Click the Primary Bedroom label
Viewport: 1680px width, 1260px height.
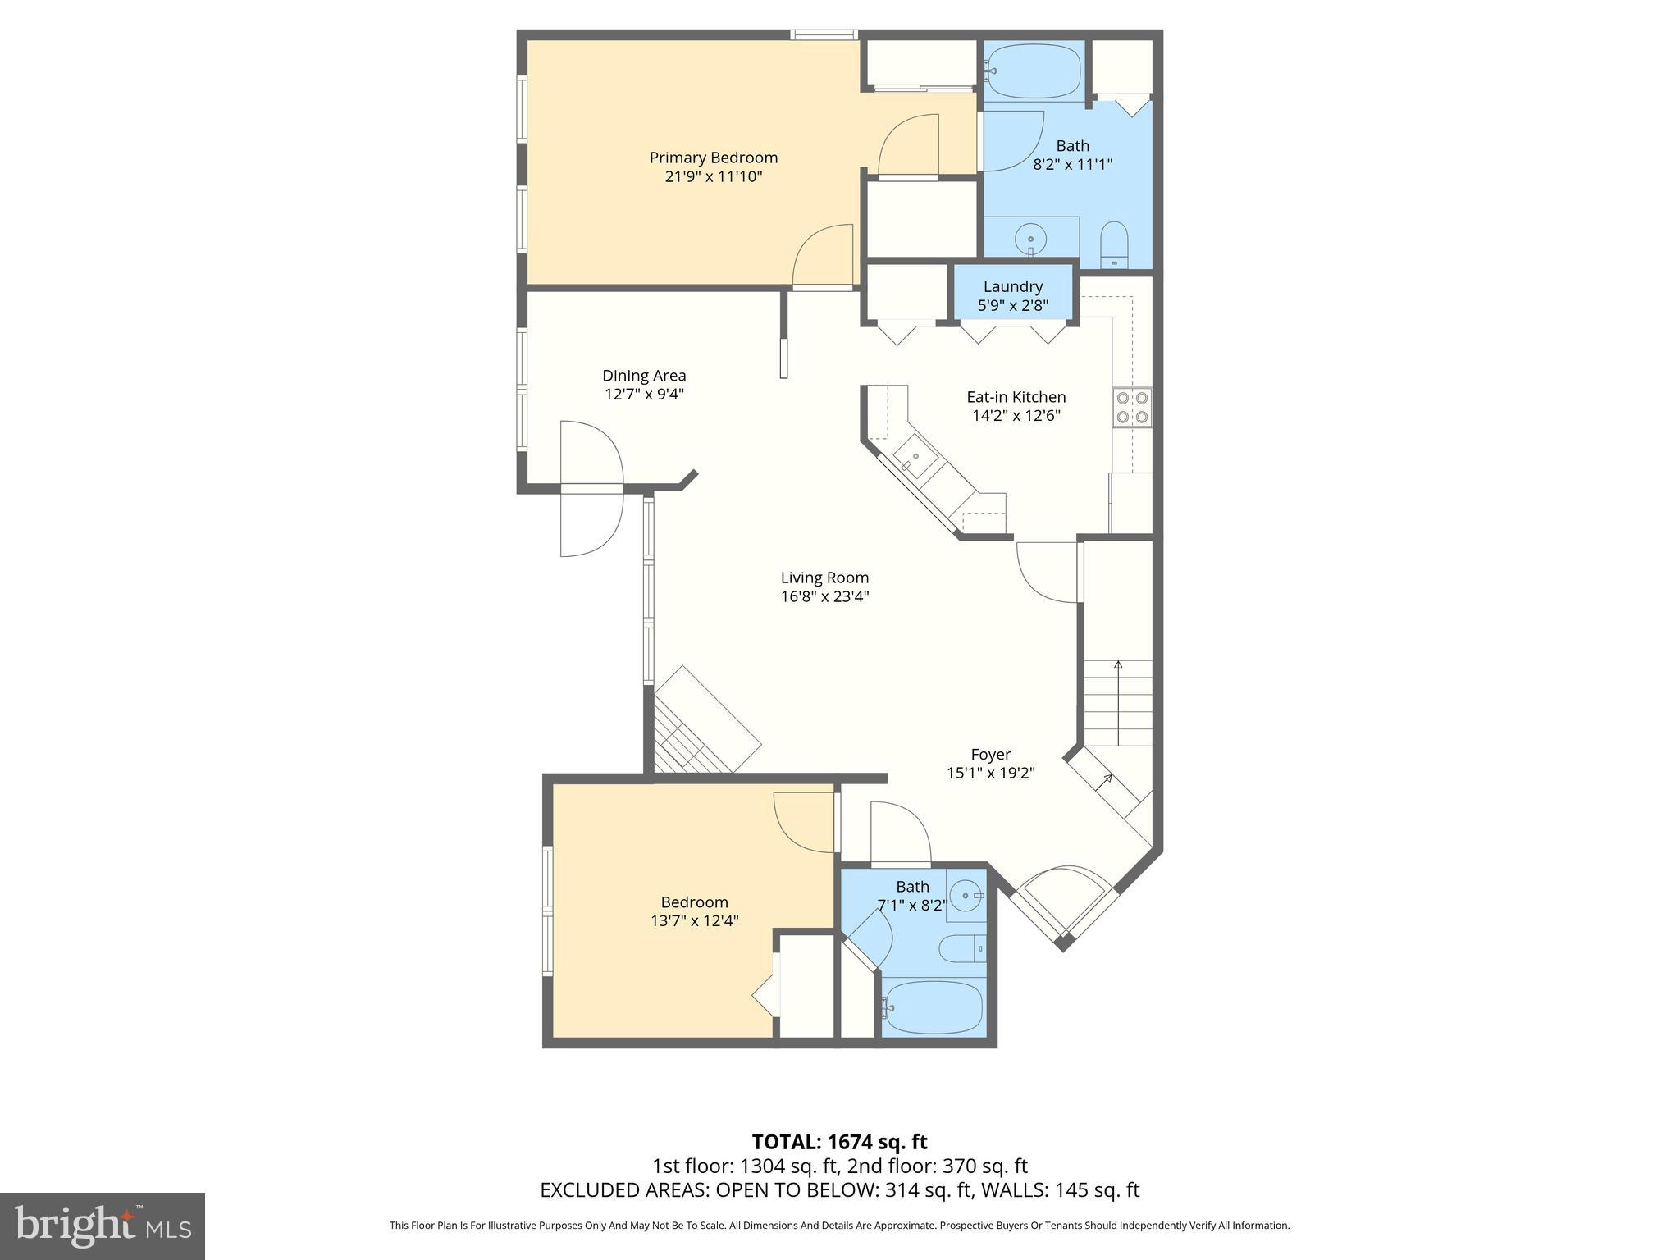coord(713,157)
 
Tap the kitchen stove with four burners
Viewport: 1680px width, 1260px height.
coord(1131,408)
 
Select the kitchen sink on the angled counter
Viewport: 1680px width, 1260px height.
coord(911,459)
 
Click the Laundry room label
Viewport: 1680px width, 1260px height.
coord(1012,286)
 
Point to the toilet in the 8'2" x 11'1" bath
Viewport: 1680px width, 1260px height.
coord(1114,244)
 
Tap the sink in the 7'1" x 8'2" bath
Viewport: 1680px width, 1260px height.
coord(967,895)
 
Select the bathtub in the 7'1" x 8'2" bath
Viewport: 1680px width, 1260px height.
coord(934,1008)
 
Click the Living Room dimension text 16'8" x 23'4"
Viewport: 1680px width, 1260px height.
coord(824,596)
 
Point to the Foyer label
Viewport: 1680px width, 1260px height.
coord(990,754)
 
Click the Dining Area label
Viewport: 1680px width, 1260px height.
coord(644,376)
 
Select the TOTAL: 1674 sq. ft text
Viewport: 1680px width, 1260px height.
coord(839,1142)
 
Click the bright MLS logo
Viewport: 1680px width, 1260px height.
coord(103,1226)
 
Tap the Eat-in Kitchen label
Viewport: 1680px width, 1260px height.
coord(1016,397)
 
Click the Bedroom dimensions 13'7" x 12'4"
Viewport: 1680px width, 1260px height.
coord(694,920)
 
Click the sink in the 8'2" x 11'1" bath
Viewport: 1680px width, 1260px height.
coord(1030,240)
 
